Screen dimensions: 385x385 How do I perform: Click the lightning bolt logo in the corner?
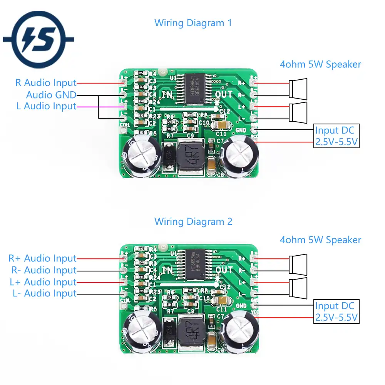point(38,40)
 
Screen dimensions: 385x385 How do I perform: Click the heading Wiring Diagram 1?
point(193,23)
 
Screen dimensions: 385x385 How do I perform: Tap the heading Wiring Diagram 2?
point(193,221)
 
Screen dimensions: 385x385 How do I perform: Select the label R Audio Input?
point(46,82)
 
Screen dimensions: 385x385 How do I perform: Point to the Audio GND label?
point(51,95)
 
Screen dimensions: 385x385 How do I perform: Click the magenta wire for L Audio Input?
point(99,107)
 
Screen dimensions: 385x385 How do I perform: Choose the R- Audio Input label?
point(43,270)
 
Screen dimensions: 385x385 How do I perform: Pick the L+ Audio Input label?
point(43,282)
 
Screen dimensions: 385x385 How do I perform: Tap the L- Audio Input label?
point(44,293)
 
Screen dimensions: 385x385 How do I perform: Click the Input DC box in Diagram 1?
point(336,136)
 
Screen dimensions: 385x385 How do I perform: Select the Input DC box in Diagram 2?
point(336,311)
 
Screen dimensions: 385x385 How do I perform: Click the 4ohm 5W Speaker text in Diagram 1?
point(320,64)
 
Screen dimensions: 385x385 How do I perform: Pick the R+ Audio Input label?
point(43,258)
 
